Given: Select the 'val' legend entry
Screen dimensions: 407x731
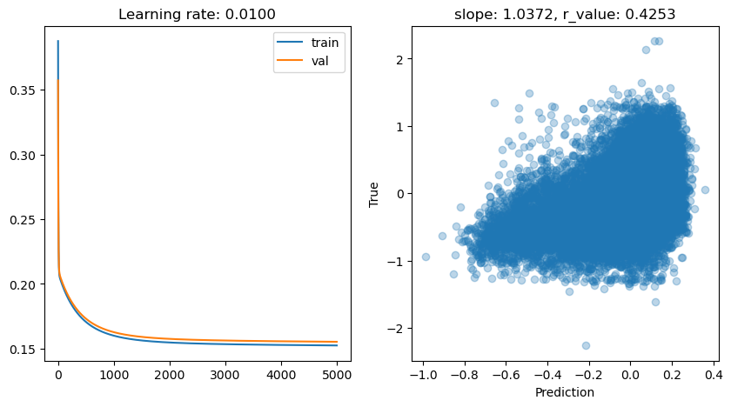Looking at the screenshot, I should (319, 62).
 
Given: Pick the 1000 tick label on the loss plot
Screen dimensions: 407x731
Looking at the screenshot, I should (113, 377).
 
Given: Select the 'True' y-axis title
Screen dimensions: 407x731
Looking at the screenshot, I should (374, 194).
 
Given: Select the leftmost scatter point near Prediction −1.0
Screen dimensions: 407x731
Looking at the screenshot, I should (426, 257).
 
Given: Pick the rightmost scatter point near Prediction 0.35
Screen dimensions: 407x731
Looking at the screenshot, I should (705, 190).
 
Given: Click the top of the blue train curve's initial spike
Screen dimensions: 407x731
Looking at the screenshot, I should (58, 41).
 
